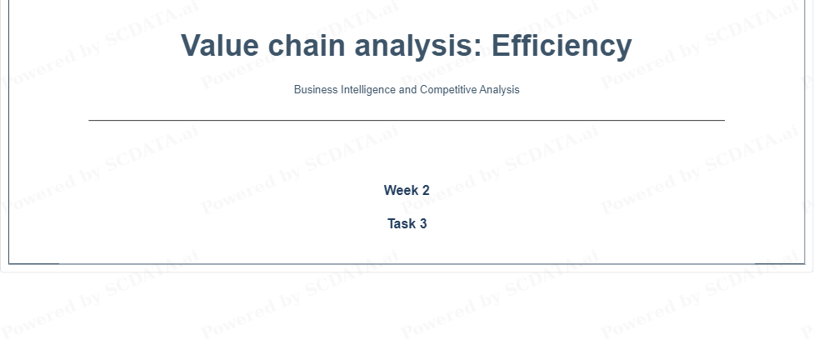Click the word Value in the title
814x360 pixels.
pyautogui.click(x=220, y=45)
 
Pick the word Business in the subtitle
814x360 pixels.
pyautogui.click(x=316, y=89)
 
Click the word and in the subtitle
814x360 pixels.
pyautogui.click(x=408, y=89)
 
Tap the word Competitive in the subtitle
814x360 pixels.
pyautogui.click(x=448, y=90)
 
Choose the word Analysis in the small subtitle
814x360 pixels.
pyautogui.click(x=499, y=90)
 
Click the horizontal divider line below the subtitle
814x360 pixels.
pyautogui.click(x=407, y=121)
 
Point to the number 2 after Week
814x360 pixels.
pyautogui.click(x=426, y=191)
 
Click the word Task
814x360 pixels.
pyautogui.click(x=402, y=224)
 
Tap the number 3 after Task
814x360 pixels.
pyautogui.click(x=423, y=224)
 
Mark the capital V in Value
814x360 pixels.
pyautogui.click(x=192, y=45)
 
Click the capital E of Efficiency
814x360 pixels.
pyautogui.click(x=502, y=45)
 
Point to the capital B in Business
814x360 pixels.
pyautogui.click(x=297, y=89)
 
